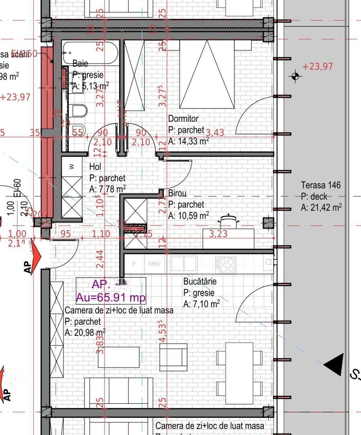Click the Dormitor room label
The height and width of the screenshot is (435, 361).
point(183,119)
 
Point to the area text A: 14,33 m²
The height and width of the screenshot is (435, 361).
point(188,141)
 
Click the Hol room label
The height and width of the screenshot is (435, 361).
point(95,167)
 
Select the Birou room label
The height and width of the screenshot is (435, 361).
point(177,193)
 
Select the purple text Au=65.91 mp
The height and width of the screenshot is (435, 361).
point(111,298)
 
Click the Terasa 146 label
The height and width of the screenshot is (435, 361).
point(321,185)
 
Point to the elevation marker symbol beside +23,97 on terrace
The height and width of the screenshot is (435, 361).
point(296,76)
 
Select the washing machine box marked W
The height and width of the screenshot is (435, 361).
point(72,167)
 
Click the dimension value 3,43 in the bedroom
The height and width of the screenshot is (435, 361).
point(215,132)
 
